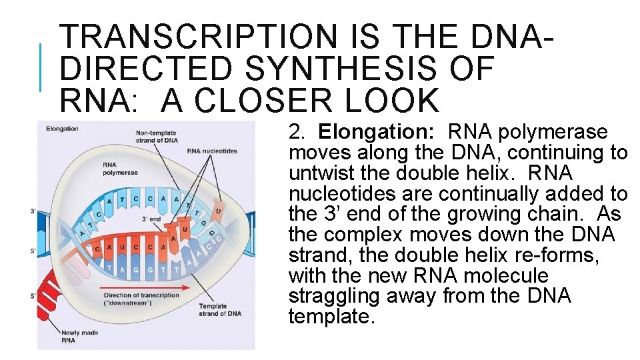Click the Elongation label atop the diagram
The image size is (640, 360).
tap(63, 129)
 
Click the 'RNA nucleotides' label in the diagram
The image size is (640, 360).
tap(212, 151)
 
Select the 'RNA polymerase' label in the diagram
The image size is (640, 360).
tap(121, 168)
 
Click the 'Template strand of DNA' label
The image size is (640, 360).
tap(220, 310)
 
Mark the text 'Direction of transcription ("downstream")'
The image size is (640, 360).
tap(141, 299)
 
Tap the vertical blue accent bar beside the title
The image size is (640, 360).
tap(41, 67)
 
